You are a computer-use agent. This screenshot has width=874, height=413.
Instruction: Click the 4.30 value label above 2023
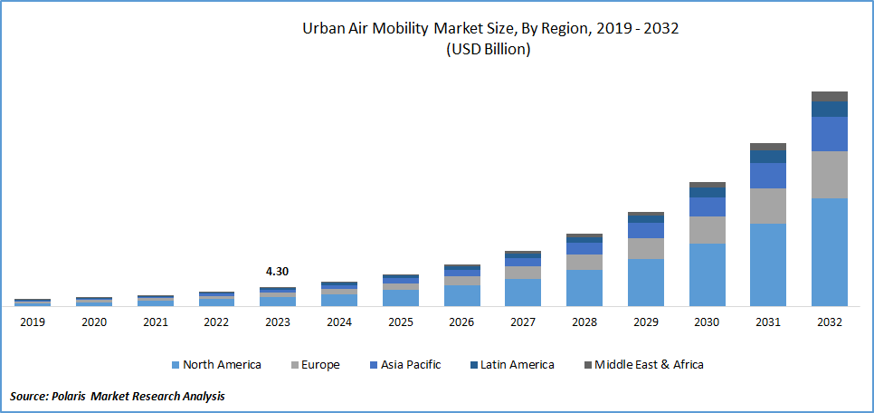point(277,271)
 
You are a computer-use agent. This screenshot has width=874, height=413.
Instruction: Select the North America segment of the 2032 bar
point(829,252)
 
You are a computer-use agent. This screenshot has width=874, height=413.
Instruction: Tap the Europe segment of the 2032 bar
point(829,175)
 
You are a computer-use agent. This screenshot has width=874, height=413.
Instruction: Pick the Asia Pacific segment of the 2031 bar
point(767,176)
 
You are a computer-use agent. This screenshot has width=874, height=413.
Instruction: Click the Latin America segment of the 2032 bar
point(829,109)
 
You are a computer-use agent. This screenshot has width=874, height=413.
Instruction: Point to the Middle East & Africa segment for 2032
point(829,96)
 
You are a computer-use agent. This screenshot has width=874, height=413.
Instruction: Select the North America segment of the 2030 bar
point(707,274)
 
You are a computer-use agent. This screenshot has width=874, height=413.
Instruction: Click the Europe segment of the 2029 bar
point(645,248)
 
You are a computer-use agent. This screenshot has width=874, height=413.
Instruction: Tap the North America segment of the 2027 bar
point(522,292)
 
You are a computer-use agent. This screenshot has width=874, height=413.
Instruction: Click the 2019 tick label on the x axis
point(32,322)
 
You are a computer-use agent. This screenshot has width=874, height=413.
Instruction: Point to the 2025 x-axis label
point(400,322)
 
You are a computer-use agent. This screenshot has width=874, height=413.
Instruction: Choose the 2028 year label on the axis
point(584,322)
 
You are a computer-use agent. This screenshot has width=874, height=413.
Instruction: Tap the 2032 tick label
point(829,322)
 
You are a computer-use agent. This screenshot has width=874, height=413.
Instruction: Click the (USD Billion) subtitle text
point(489,50)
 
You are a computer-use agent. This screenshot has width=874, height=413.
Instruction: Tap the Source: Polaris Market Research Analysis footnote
point(118,396)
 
